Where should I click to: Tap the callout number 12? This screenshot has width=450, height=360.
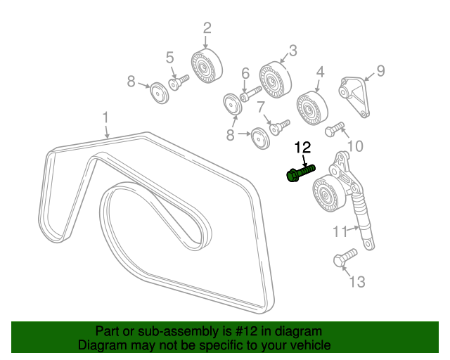pos(302,148)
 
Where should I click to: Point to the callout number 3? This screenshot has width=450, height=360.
pos(292,51)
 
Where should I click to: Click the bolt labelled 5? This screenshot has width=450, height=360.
pos(179,81)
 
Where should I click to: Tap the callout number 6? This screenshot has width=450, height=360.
pos(245,73)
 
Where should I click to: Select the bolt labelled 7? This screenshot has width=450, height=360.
pos(280,127)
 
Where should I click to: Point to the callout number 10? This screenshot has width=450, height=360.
pos(356,146)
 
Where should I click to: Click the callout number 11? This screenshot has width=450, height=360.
pos(340,230)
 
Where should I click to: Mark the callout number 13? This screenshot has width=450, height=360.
pos(357,282)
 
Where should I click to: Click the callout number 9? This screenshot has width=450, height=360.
pos(380,70)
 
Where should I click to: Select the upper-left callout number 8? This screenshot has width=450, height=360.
pos(131,82)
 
